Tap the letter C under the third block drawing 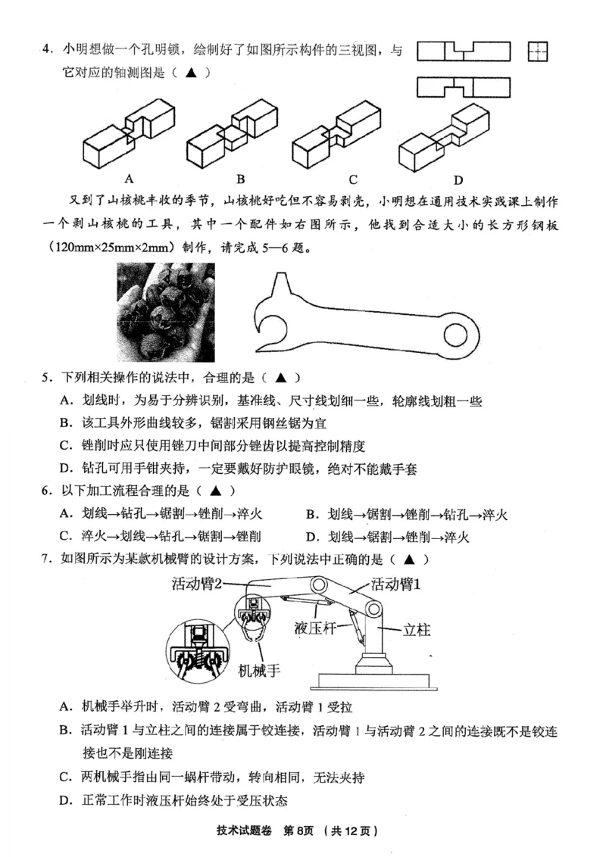[x=353, y=179]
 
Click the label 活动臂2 [x=198, y=582]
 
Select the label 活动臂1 [x=395, y=584]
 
